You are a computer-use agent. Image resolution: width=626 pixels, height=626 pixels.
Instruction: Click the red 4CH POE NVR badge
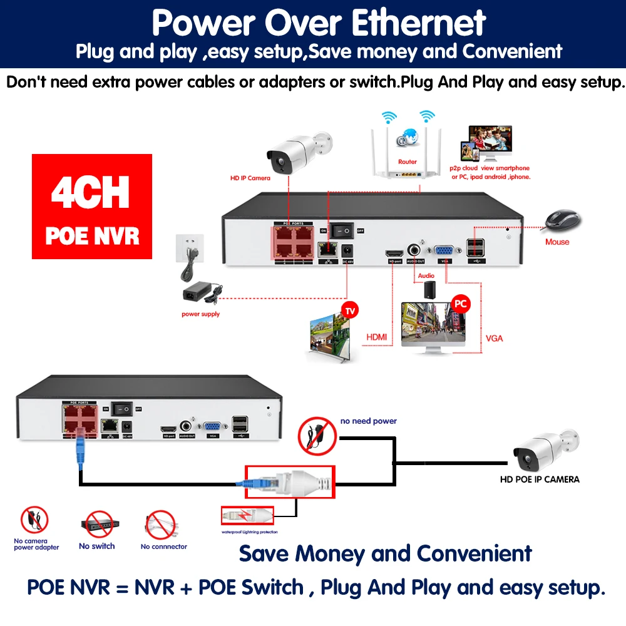(x=92, y=207)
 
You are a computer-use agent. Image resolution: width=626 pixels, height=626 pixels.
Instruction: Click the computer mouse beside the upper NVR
(x=562, y=221)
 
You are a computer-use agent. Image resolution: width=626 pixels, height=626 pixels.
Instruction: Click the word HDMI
(x=376, y=337)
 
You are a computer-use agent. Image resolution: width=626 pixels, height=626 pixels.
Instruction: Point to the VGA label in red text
(x=494, y=338)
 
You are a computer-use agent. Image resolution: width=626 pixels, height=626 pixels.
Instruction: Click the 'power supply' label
(x=200, y=314)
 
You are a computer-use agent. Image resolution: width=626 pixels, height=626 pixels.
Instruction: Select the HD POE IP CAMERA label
(x=539, y=480)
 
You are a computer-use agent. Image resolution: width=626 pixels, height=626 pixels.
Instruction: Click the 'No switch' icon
(x=98, y=526)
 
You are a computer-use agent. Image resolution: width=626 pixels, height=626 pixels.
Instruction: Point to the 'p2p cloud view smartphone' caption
(x=489, y=168)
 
